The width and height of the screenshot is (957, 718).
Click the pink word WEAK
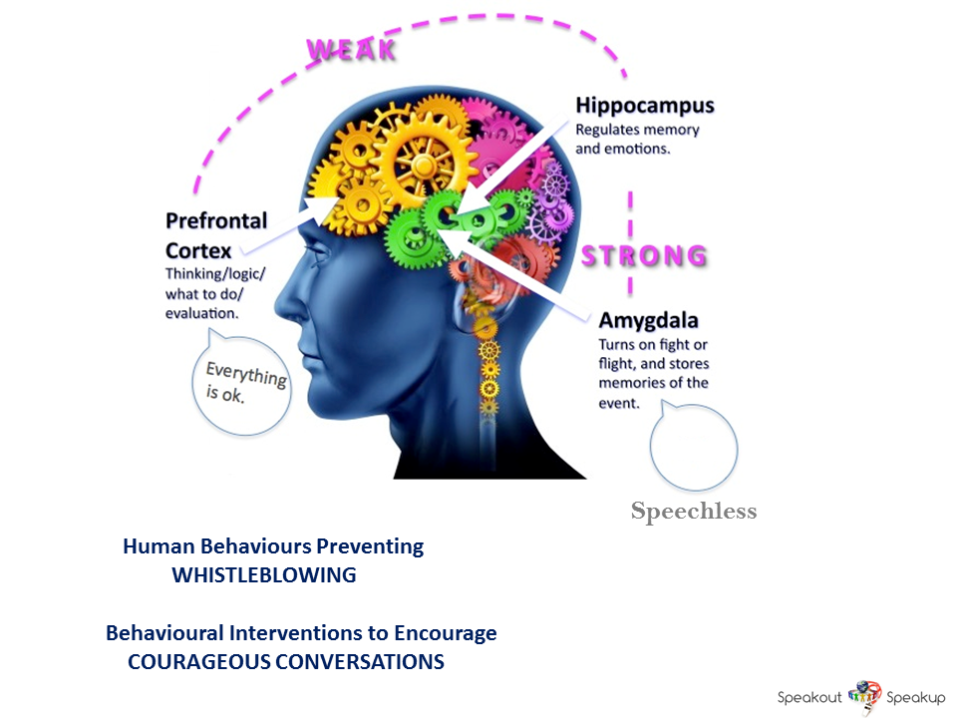(350, 49)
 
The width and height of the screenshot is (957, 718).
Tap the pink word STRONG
(644, 256)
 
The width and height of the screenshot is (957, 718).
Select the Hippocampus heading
(644, 106)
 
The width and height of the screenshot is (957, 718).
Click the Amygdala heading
(648, 321)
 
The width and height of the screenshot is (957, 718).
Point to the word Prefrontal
(215, 220)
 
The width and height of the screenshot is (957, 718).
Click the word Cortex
(198, 249)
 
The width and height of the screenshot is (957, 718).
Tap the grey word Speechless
(694, 513)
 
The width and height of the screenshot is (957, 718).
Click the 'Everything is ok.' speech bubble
(241, 384)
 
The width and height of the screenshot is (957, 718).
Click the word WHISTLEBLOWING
(264, 575)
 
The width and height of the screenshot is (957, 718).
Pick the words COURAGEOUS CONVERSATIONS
(286, 661)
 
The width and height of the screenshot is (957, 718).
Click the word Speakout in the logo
(809, 697)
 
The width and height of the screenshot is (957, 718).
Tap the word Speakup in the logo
(916, 697)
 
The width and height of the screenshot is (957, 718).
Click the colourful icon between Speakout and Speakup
(864, 694)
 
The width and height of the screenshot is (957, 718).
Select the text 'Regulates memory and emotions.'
(638, 140)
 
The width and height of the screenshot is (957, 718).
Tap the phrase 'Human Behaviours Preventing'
(273, 546)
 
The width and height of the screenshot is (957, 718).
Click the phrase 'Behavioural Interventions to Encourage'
(301, 633)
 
